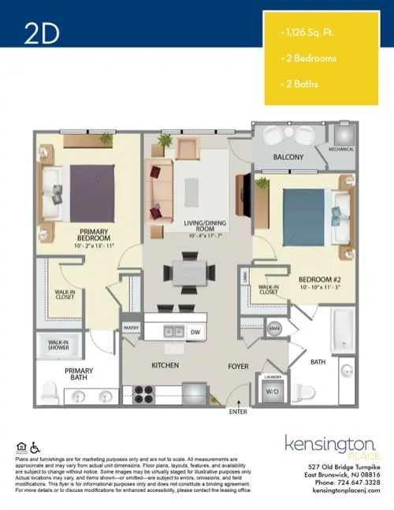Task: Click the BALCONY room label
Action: (x=288, y=158)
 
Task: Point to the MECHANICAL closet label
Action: (x=341, y=149)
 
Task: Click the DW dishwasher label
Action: (x=195, y=333)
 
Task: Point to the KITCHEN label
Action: (x=165, y=366)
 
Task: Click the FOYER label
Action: (x=238, y=366)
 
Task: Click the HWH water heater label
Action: (x=275, y=328)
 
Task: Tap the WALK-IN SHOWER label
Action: (x=53, y=344)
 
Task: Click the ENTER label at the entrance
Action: (x=237, y=411)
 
